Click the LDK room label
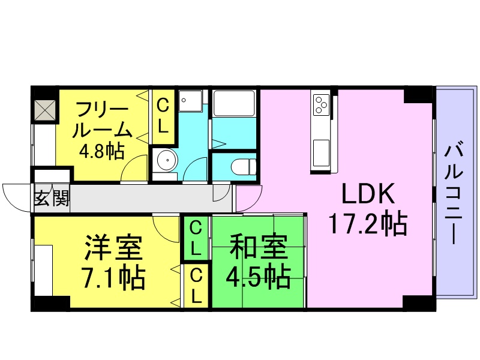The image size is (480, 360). pos(368,194)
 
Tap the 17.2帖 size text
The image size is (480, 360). pos(368,224)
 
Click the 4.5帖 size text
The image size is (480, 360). pos(258,276)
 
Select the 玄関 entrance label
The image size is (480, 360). pos(51,197)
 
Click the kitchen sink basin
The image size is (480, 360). pos(321,148)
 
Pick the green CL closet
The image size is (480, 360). pos(196,238)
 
